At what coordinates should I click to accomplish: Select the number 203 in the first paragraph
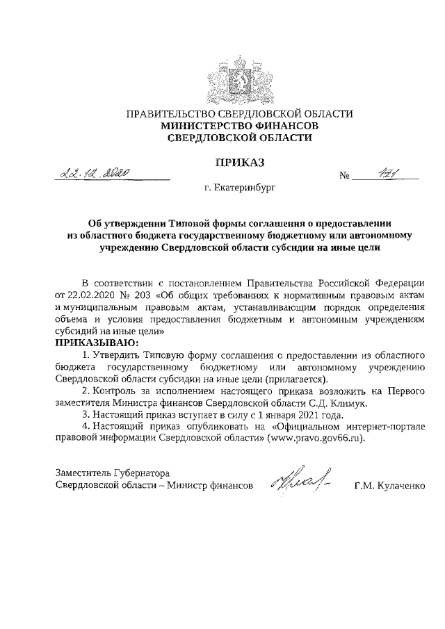pyautogui.click(x=152, y=294)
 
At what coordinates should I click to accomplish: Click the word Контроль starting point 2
pyautogui.click(x=115, y=391)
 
